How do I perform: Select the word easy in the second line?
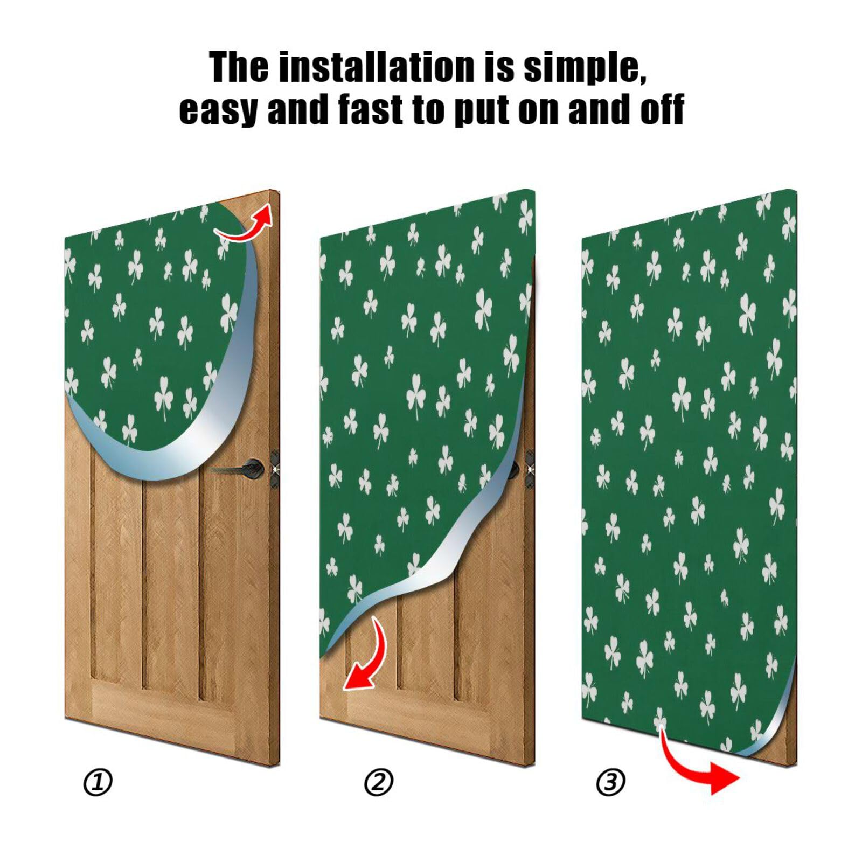[217, 109]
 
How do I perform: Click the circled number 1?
[98, 782]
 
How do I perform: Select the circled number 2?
[379, 782]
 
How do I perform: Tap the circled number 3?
[611, 782]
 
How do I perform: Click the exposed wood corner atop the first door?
[264, 202]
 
